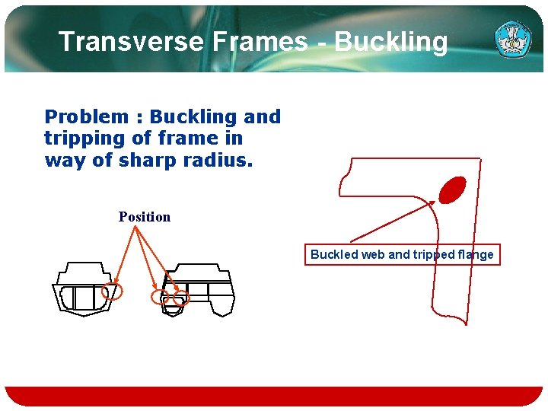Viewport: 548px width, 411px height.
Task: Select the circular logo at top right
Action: (x=514, y=39)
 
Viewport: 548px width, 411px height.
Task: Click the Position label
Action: (x=145, y=217)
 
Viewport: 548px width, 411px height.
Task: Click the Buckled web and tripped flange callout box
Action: (x=402, y=255)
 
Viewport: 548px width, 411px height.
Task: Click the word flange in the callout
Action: (x=474, y=255)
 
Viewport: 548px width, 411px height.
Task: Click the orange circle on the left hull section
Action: (x=112, y=291)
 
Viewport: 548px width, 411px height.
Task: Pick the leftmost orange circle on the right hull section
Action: (x=161, y=297)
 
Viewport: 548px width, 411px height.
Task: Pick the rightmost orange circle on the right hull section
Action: (x=180, y=300)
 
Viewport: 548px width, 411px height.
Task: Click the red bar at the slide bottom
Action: (x=274, y=396)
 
